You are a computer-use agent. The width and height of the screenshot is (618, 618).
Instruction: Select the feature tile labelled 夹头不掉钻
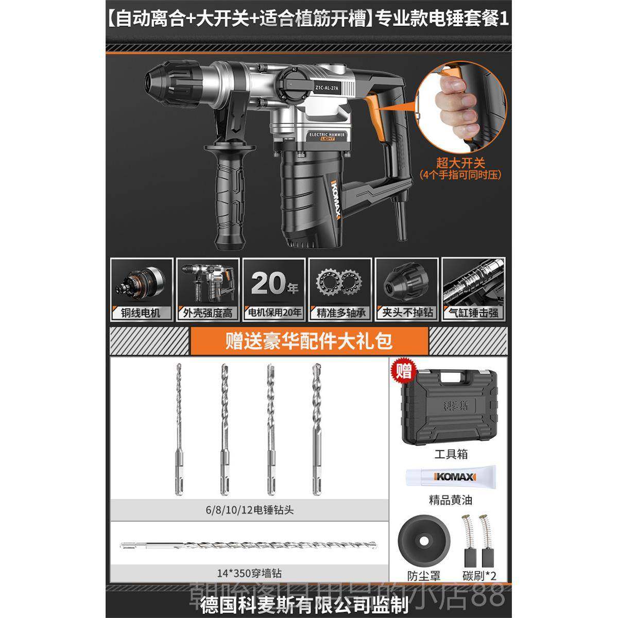coord(407,289)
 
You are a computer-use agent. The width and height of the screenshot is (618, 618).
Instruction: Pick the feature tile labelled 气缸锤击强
coord(473,289)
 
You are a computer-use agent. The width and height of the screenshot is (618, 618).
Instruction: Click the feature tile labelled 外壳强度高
coord(207,289)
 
